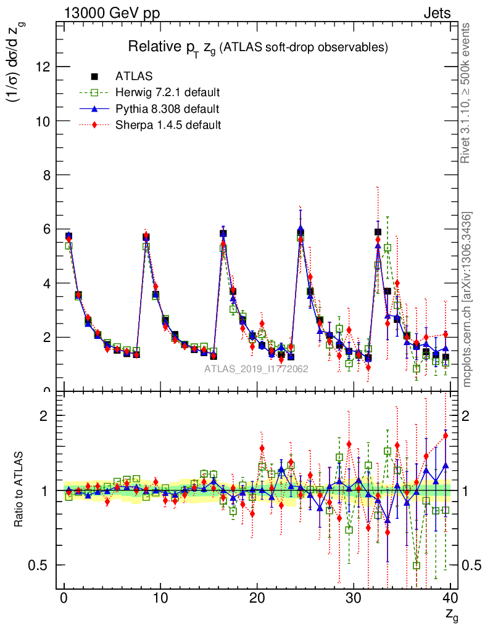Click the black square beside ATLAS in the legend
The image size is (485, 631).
point(94,77)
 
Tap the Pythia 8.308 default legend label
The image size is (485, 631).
point(167,109)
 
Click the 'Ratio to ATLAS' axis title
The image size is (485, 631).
point(19,490)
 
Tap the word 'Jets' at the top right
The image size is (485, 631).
point(436,13)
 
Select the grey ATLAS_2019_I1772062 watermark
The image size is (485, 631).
point(257,369)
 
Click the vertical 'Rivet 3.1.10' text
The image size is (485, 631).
point(466,92)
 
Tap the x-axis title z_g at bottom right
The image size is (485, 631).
point(452,614)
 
